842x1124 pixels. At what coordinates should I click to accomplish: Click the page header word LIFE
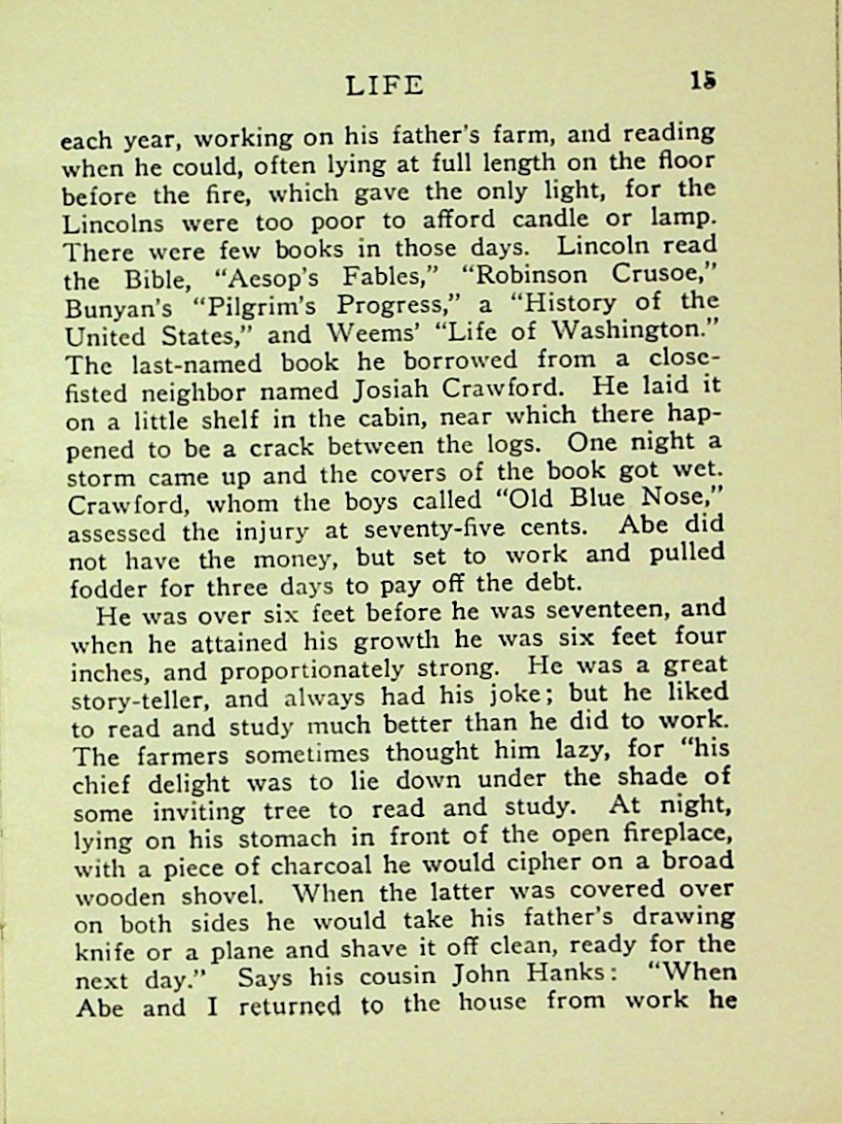[x=385, y=86]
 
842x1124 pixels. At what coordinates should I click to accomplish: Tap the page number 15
[x=703, y=82]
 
